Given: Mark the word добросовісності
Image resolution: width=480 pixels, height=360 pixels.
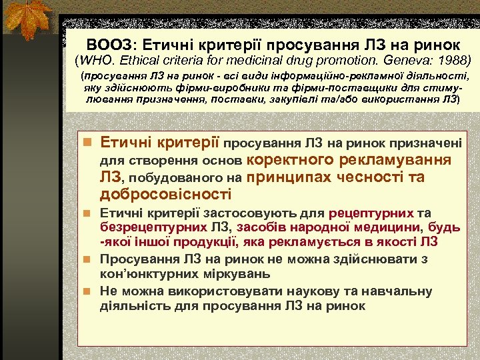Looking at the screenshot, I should tap(166, 195).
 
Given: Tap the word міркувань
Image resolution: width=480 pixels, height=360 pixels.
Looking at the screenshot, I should tap(235, 273).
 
